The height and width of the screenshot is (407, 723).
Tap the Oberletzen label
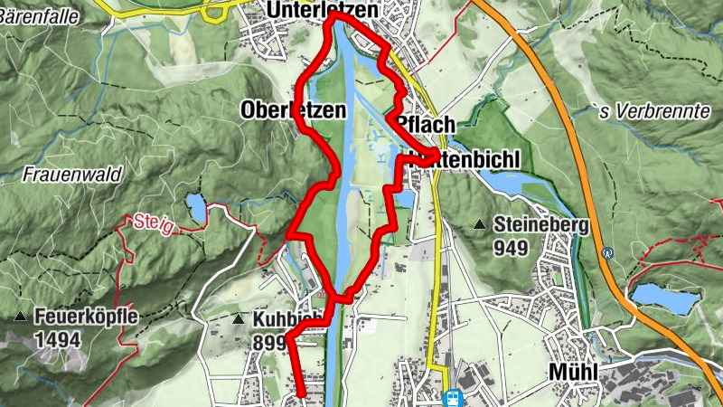tap(294, 110)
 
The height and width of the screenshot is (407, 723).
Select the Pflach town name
tap(426, 125)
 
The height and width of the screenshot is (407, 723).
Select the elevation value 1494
tap(59, 339)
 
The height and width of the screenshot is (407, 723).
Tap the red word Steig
tap(151, 221)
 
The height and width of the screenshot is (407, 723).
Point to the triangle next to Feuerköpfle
tap(20, 317)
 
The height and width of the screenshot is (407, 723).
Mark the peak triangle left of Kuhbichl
tap(238, 319)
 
